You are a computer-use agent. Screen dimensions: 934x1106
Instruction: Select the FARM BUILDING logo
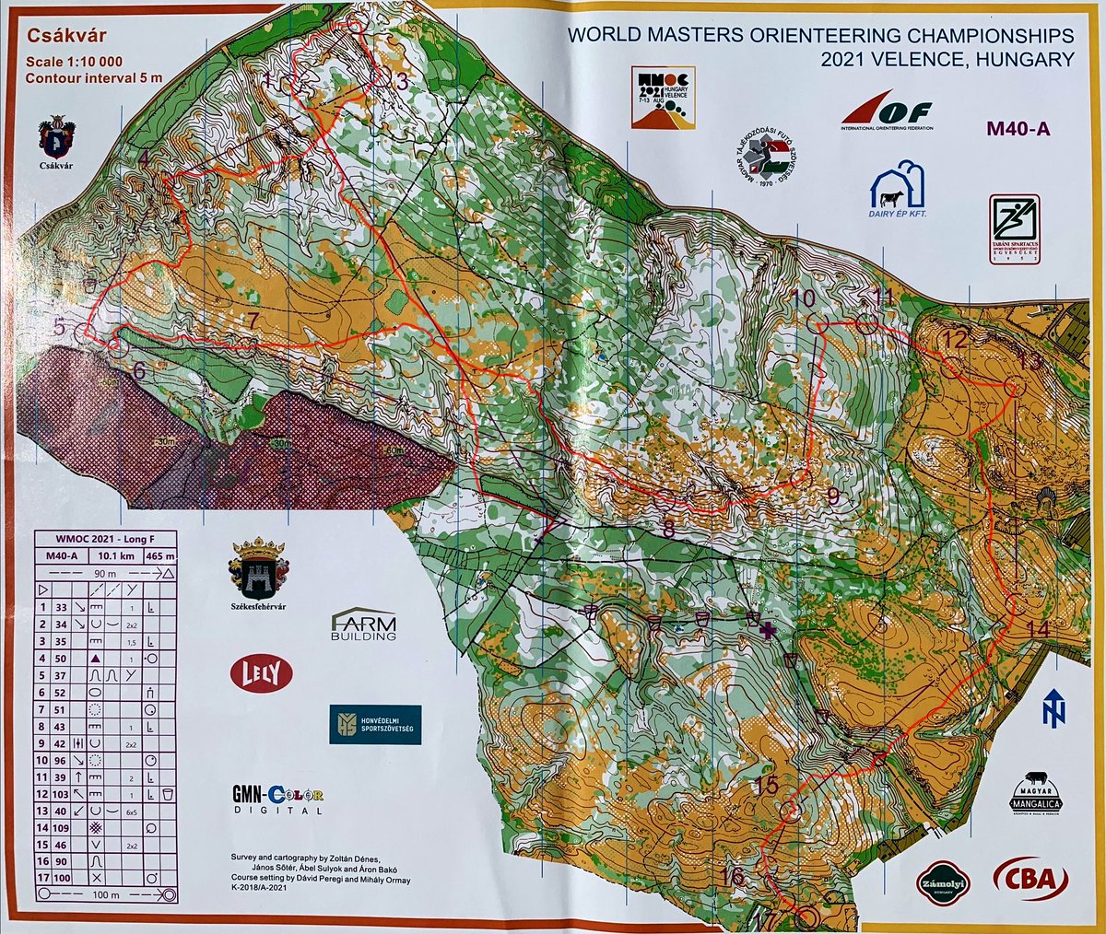(x=363, y=625)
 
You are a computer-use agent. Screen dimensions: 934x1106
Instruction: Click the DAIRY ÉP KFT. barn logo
(x=898, y=191)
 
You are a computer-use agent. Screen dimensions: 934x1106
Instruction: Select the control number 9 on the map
(x=832, y=496)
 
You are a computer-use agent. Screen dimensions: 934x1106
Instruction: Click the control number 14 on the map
(x=1038, y=630)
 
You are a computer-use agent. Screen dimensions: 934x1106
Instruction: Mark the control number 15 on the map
(x=766, y=785)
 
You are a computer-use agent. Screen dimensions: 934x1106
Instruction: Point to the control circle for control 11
(x=866, y=323)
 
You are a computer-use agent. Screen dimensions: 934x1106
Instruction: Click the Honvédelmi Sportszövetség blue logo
(x=375, y=724)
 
